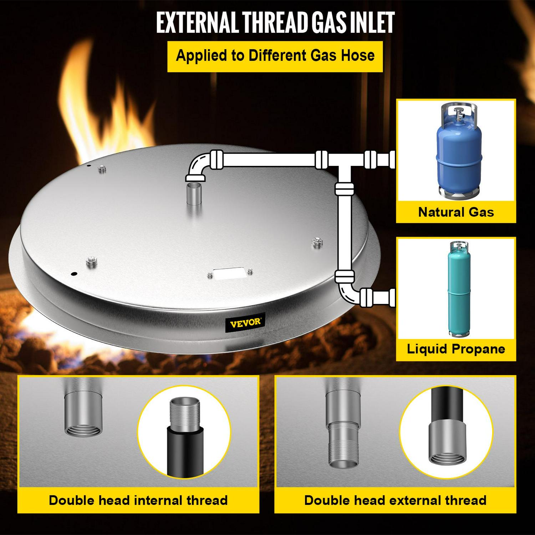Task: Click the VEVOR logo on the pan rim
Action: coord(245,323)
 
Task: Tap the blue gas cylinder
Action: coord(459,150)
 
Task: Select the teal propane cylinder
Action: coord(459,289)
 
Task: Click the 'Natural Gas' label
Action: coord(456,212)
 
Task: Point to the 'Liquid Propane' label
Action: coord(456,349)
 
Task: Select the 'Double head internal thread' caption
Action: coord(138,500)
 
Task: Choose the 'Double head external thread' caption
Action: coord(395,500)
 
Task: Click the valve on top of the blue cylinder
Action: coord(458,113)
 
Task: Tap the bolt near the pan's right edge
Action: coord(317,243)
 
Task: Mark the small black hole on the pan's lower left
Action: coord(74,274)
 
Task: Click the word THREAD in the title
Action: coord(275,22)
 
